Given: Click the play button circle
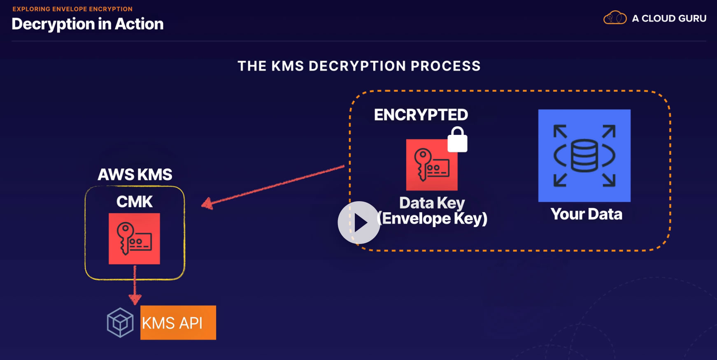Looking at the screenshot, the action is (x=359, y=223).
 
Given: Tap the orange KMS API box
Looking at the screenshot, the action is (x=178, y=323).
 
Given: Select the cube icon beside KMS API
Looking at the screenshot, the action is (x=120, y=323).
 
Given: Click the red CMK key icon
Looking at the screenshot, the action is (x=134, y=239).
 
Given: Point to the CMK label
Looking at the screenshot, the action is (x=135, y=202).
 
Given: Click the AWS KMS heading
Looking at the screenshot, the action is (x=135, y=174).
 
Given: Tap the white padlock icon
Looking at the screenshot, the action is (x=457, y=139).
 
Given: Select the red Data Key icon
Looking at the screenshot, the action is (x=432, y=165).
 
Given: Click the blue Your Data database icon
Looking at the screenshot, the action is (x=584, y=156).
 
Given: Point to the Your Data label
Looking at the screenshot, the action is (x=587, y=214).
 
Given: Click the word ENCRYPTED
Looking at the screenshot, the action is (x=421, y=115).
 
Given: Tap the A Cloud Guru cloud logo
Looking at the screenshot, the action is (x=615, y=18).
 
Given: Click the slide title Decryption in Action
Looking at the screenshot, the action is (x=88, y=24).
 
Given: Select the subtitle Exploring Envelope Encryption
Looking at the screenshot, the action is (x=72, y=9).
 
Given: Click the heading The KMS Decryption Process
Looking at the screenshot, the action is (x=359, y=66).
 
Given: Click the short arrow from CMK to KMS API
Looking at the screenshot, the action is (x=135, y=285).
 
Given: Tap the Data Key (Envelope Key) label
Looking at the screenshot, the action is (x=432, y=211).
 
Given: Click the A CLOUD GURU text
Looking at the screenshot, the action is (x=669, y=19).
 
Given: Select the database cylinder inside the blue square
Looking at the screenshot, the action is (x=584, y=156).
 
